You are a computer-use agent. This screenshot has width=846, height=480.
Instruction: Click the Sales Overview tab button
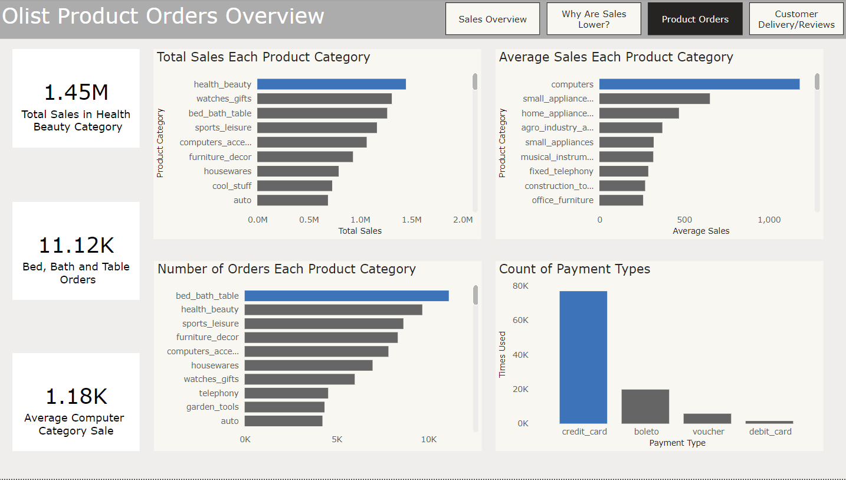click(493, 19)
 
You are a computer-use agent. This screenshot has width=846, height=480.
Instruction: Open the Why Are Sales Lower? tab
click(593, 19)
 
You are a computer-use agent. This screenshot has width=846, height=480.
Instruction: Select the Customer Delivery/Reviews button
click(796, 19)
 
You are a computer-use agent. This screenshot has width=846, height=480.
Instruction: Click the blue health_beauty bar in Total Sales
click(331, 84)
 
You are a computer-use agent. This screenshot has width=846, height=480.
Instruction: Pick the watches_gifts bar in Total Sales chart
click(324, 99)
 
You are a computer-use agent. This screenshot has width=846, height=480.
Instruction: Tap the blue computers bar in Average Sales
click(699, 84)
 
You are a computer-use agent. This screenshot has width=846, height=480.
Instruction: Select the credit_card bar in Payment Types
click(583, 357)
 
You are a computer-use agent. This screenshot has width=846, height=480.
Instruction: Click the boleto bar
click(645, 406)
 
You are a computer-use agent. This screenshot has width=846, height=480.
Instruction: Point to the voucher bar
click(707, 419)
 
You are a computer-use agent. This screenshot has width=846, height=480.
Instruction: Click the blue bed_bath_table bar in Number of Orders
click(346, 296)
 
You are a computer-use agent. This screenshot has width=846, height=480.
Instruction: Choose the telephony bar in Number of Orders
click(286, 393)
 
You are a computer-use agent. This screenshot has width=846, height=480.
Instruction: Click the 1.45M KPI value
click(77, 92)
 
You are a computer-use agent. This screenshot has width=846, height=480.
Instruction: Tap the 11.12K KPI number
click(77, 245)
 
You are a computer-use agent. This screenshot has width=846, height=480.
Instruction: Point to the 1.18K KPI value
click(77, 396)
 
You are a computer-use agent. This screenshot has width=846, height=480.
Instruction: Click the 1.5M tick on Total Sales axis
click(411, 220)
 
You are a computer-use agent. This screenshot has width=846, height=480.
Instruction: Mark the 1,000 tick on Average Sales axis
click(769, 220)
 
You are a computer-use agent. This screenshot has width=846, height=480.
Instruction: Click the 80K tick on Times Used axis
click(521, 286)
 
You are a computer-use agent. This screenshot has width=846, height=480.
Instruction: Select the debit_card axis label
click(770, 432)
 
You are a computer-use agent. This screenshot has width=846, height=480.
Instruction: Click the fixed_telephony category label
click(561, 171)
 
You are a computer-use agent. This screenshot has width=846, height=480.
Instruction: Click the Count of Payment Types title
click(575, 269)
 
